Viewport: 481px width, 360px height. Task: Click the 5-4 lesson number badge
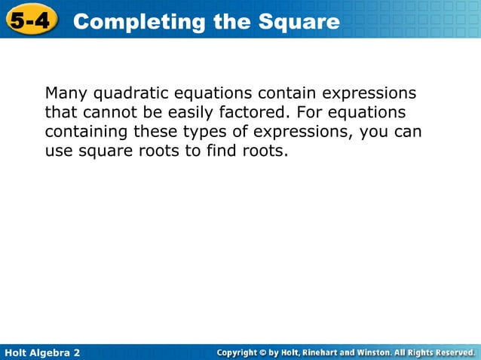[x=30, y=20]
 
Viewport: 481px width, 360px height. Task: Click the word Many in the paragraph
[x=66, y=94]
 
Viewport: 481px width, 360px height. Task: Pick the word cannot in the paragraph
[x=104, y=113]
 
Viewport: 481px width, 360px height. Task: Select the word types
[x=206, y=133]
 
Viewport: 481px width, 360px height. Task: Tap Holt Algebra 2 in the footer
[x=42, y=352]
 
